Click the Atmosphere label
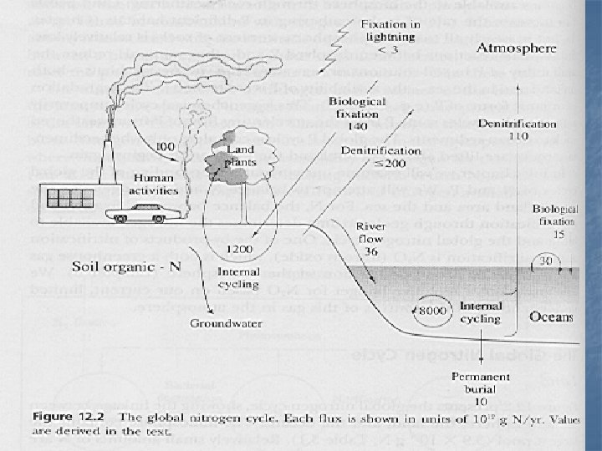click(516, 48)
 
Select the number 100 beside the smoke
click(165, 146)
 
